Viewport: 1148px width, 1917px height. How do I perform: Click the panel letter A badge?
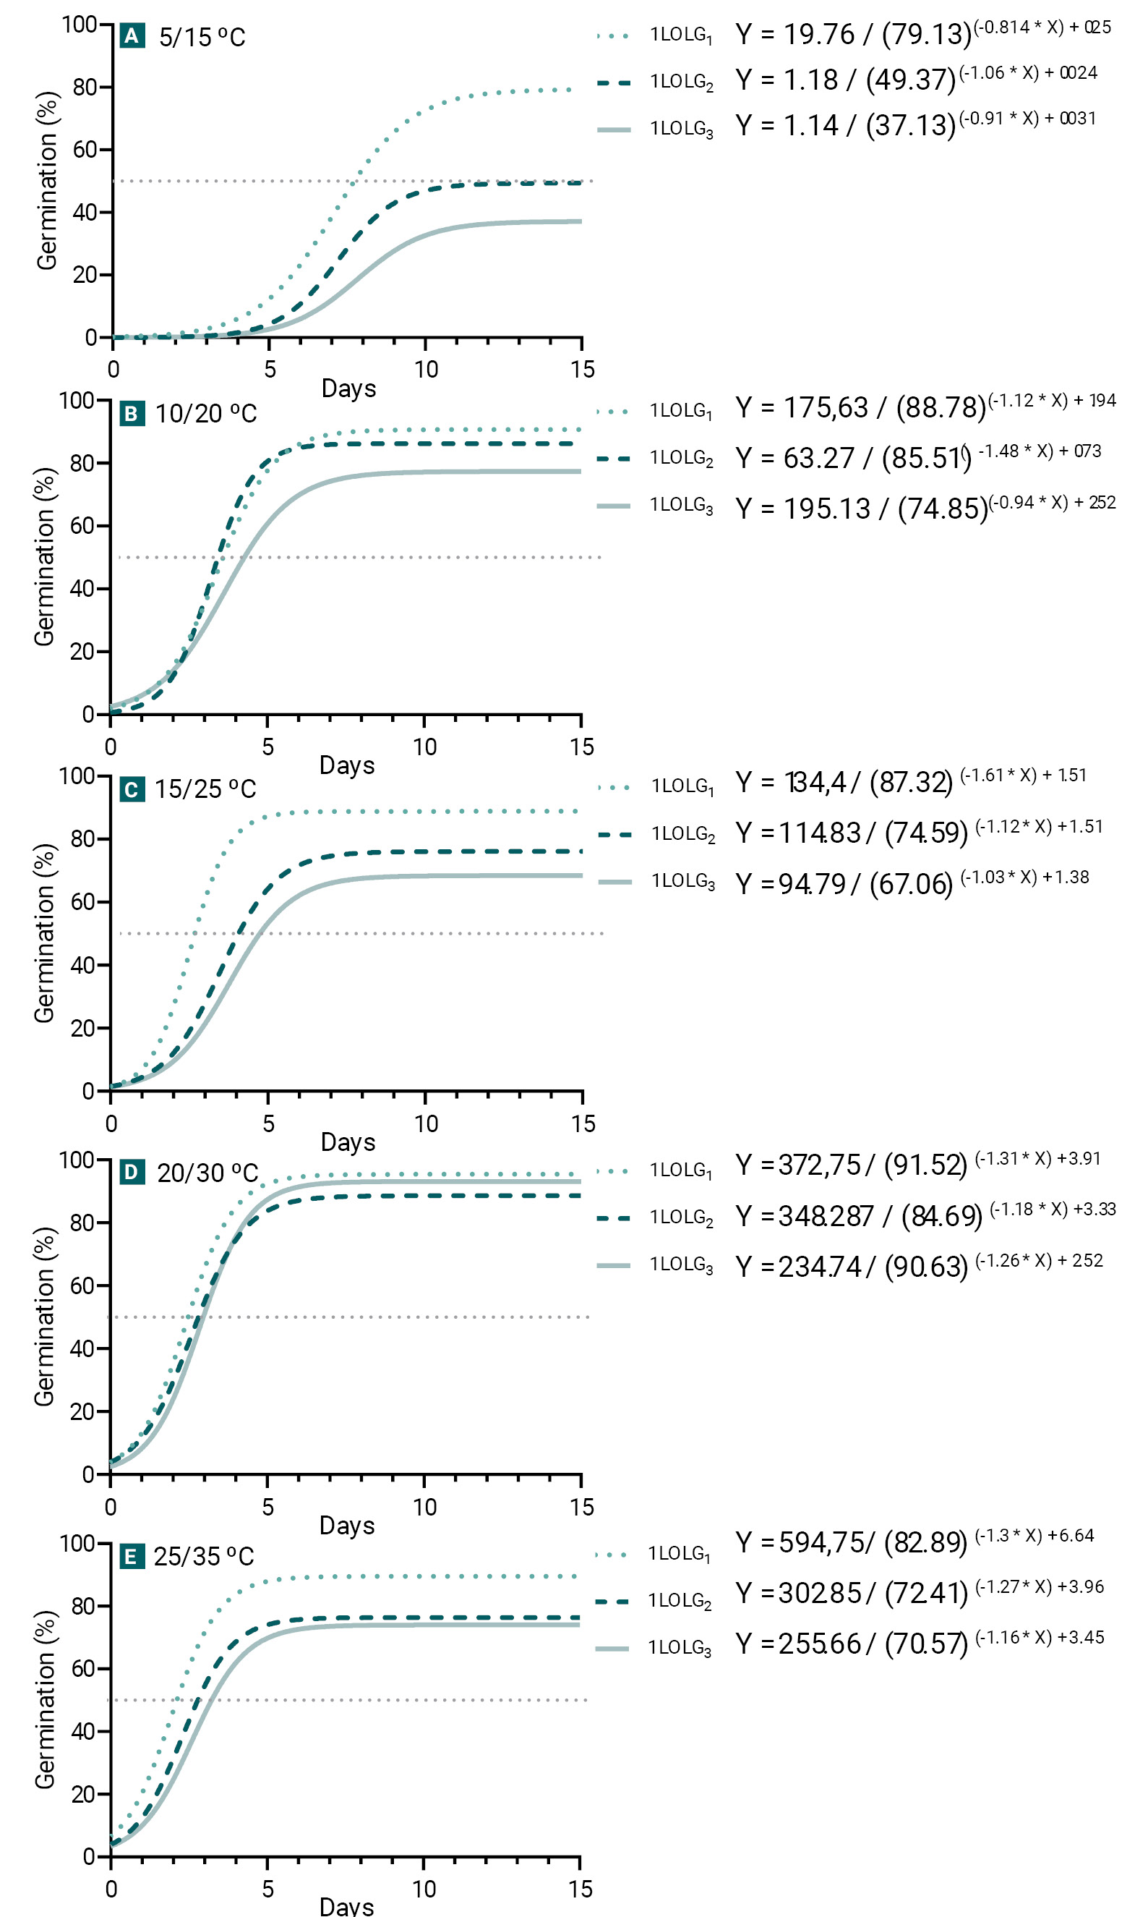132,35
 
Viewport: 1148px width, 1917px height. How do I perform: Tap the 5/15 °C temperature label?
202,37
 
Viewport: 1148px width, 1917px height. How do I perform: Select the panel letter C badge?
132,789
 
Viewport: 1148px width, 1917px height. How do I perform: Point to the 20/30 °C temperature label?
207,1173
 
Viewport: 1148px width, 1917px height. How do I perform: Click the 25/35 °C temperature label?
203,1556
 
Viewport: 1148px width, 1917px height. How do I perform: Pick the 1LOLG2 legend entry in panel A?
681,82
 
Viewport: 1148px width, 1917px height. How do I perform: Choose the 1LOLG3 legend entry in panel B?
681,506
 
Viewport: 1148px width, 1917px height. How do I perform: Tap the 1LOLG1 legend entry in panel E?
680,1554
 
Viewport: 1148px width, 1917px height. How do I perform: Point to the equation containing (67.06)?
912,883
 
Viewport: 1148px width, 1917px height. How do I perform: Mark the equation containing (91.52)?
917,1165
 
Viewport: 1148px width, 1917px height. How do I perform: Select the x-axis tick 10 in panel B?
424,747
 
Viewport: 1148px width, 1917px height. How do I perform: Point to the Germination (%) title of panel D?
44,1317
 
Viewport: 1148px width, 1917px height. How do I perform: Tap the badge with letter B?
131,414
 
